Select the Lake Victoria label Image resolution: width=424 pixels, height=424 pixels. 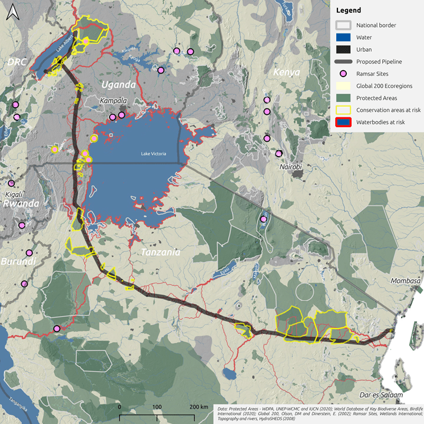(x=154, y=154)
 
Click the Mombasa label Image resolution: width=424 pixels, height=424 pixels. (x=406, y=281)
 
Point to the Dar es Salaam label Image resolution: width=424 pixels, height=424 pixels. (x=383, y=395)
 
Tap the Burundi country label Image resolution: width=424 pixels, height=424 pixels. (x=17, y=261)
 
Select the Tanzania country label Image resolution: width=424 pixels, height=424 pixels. (x=160, y=252)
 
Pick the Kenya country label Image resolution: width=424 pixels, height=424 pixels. (x=287, y=72)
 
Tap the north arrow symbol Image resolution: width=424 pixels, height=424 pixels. (x=12, y=13)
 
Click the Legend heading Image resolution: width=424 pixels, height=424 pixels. (x=349, y=11)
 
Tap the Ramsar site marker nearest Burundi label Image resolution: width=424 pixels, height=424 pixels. (x=25, y=284)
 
